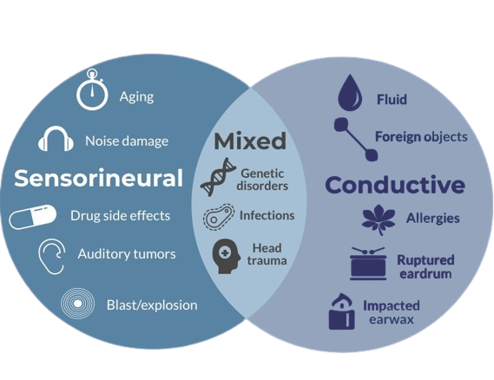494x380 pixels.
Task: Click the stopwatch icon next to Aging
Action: pyautogui.click(x=92, y=90)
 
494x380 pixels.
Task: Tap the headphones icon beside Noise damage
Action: pyautogui.click(x=56, y=139)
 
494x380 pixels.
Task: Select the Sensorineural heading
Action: pyautogui.click(x=99, y=178)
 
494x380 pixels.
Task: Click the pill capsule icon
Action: pyautogui.click(x=32, y=216)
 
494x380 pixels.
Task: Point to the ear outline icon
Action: pyautogui.click(x=51, y=257)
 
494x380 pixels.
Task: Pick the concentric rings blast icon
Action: pyautogui.click(x=77, y=304)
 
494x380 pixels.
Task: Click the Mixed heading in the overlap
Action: pyautogui.click(x=250, y=141)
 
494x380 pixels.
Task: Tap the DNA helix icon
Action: pyautogui.click(x=218, y=177)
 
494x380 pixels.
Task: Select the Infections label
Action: pyautogui.click(x=267, y=216)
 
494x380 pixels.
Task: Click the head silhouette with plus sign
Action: pyautogui.click(x=226, y=256)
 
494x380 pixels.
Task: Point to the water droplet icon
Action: pyautogui.click(x=350, y=93)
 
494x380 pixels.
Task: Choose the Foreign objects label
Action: pyautogui.click(x=421, y=137)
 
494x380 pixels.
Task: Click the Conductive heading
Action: pyautogui.click(x=395, y=185)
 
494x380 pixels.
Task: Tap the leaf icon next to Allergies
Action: pyautogui.click(x=379, y=219)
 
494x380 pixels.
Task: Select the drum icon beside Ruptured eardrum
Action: pyautogui.click(x=368, y=264)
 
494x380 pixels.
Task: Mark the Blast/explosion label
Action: pyautogui.click(x=152, y=305)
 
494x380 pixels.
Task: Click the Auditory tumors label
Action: pyautogui.click(x=127, y=254)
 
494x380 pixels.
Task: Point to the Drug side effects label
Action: pyautogui.click(x=121, y=216)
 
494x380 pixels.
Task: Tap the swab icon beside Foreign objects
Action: pyautogui.click(x=356, y=139)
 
